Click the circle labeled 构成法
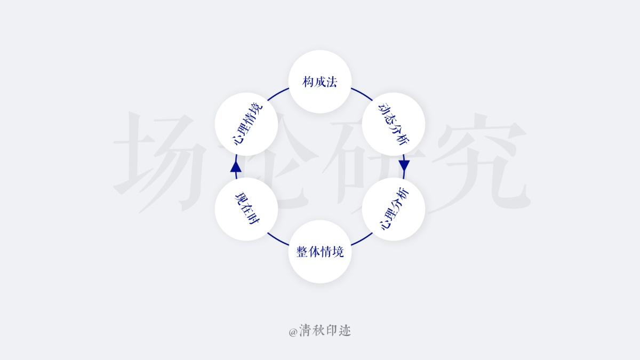tap(319, 82)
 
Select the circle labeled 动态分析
tap(394, 124)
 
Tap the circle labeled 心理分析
tap(394, 209)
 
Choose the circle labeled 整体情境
tap(319, 251)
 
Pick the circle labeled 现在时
tap(246, 209)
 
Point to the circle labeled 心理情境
tap(246, 124)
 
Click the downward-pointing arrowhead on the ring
tap(404, 166)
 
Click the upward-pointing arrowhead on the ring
tap(236, 166)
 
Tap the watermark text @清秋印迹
tap(319, 331)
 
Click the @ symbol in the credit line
tap(293, 332)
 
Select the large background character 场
tap(160, 163)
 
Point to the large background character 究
tap(480, 163)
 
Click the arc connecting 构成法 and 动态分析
tap(362, 93)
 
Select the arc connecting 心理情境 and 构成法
tap(277, 93)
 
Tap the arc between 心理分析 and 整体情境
tap(362, 239)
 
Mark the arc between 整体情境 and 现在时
tap(277, 239)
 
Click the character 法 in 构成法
tap(331, 82)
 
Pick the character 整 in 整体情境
tap(302, 252)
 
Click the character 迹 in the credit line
tap(345, 331)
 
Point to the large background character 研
tap(371, 163)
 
